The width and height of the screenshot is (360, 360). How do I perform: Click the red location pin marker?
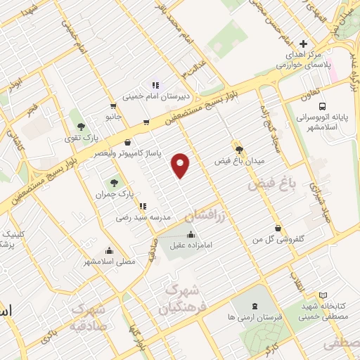tap(181, 165)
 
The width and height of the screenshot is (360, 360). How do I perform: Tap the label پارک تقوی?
tap(82, 138)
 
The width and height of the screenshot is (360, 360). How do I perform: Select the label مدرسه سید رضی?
tap(143, 218)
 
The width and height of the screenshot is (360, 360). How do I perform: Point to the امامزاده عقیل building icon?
tap(191, 234)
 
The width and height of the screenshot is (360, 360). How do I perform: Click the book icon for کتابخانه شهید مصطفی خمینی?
tap(323, 295)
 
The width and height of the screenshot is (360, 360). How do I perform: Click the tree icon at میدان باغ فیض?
tap(240, 149)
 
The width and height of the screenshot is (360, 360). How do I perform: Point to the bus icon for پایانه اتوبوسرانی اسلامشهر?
tap(302, 105)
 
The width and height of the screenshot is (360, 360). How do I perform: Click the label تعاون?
tap(310, 91)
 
